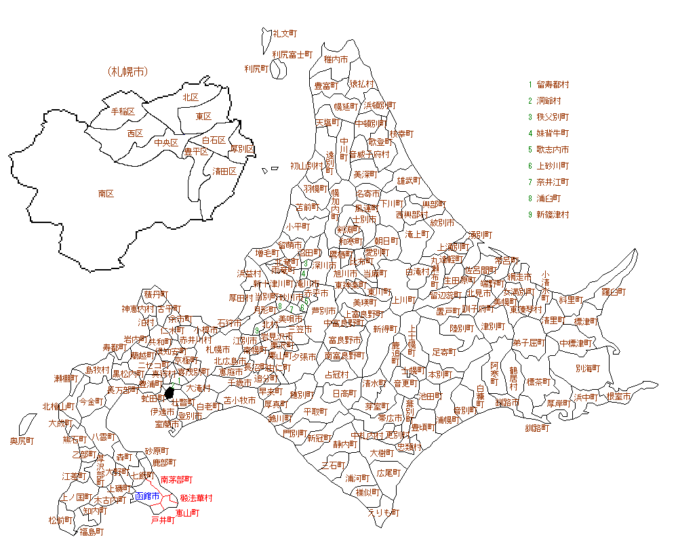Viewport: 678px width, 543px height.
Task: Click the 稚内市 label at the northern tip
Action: click(x=336, y=60)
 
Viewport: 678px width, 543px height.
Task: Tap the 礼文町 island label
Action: click(x=285, y=33)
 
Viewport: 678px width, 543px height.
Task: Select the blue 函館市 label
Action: click(x=146, y=497)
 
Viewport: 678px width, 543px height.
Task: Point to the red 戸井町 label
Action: click(x=163, y=520)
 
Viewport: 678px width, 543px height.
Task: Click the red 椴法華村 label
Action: click(x=196, y=498)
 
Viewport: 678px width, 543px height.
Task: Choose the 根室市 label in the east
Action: click(x=618, y=397)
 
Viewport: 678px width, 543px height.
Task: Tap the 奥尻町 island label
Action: click(x=22, y=441)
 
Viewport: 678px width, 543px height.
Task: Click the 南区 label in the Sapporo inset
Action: click(x=106, y=194)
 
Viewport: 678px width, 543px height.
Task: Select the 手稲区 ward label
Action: click(x=123, y=111)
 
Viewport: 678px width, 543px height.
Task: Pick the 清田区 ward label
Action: click(x=224, y=171)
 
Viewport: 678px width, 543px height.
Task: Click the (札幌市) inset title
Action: click(x=127, y=71)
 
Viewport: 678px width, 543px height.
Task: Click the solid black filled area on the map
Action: click(x=169, y=394)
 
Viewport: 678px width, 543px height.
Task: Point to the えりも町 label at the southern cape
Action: click(x=384, y=512)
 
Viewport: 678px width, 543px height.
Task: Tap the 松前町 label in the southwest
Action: click(x=61, y=521)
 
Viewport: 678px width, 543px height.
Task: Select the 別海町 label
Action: click(x=589, y=369)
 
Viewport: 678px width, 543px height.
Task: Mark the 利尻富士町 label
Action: click(x=292, y=54)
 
